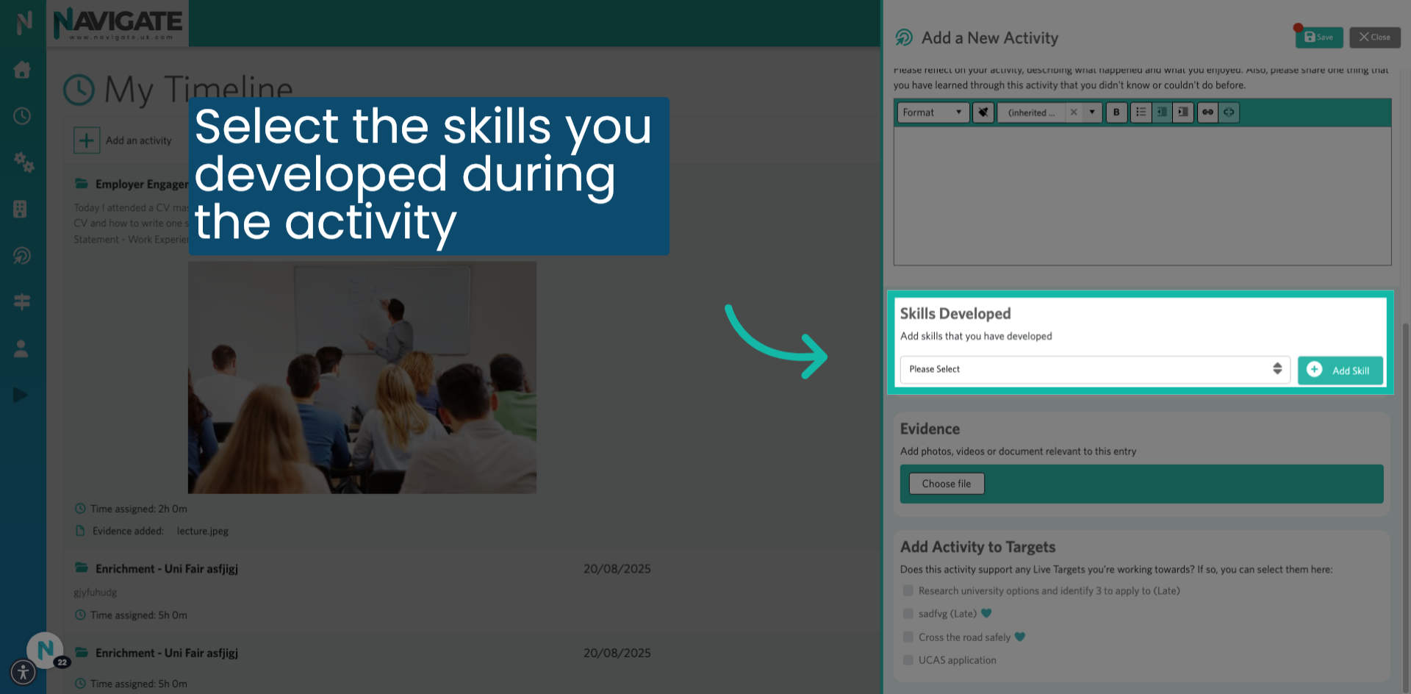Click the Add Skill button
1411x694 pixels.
[1340, 371]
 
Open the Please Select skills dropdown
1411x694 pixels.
[1094, 369]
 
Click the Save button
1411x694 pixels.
[1318, 37]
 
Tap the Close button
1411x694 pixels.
[1374, 37]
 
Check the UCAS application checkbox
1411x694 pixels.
[908, 660]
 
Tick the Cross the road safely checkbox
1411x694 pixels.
[908, 637]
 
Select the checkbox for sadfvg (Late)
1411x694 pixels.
[908, 614]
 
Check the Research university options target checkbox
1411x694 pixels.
[908, 591]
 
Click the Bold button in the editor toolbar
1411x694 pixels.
[1116, 112]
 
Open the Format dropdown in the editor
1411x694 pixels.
[932, 112]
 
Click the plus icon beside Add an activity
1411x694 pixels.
[87, 140]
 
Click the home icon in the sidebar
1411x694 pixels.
[22, 70]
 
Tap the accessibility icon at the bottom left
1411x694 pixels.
[24, 672]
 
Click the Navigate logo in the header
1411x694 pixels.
[118, 24]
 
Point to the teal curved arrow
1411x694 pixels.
[775, 342]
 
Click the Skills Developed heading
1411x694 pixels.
[955, 314]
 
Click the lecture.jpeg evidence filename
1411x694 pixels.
[203, 531]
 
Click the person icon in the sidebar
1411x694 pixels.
[21, 349]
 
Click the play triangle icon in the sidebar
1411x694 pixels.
[21, 396]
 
